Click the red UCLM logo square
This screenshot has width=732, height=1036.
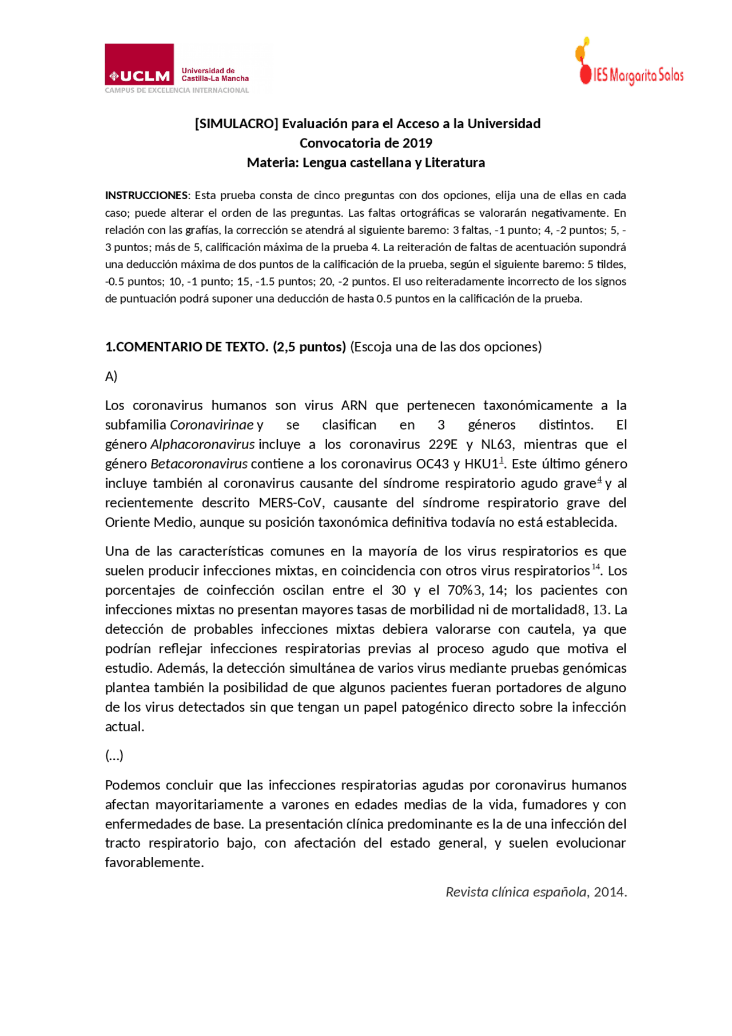point(139,64)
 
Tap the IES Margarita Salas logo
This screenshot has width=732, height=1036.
point(630,62)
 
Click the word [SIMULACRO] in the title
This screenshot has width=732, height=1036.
point(236,124)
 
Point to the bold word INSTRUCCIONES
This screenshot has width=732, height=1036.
point(146,195)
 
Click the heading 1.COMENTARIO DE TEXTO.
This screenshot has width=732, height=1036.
point(186,347)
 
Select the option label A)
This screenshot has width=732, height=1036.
point(111,376)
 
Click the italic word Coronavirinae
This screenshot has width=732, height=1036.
point(212,424)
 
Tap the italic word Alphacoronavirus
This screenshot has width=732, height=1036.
point(202,444)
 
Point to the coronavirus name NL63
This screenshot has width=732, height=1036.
point(496,444)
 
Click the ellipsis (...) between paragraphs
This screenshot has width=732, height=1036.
point(114,755)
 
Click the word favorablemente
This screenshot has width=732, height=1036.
point(154,862)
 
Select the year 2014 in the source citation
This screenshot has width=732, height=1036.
point(609,891)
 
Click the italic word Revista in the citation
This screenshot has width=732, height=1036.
point(466,891)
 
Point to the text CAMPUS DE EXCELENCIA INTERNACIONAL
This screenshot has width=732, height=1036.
point(177,90)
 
